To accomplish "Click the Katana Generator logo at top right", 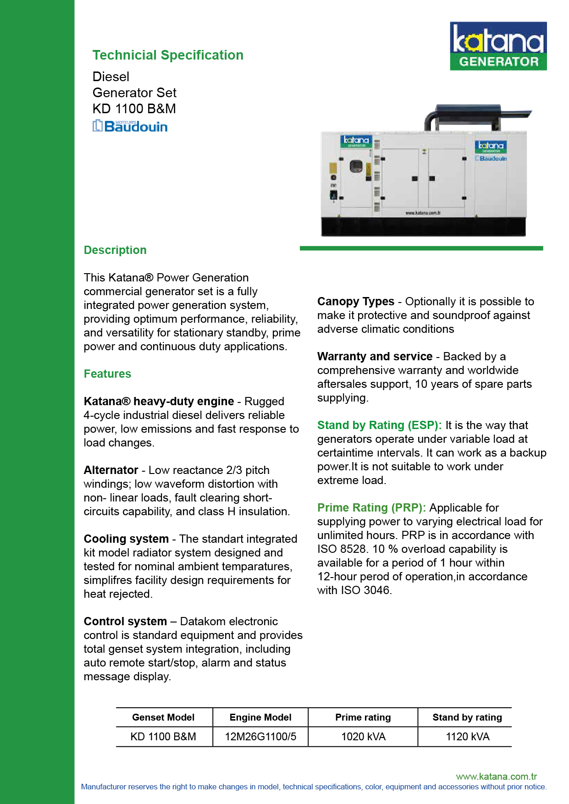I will click(x=498, y=46).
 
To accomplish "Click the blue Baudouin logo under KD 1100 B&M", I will click(x=130, y=126).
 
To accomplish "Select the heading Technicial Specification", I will click(x=168, y=55).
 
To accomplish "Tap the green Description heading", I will click(x=115, y=250).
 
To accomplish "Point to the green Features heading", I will click(x=107, y=374).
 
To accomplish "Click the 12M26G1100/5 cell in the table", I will click(x=260, y=737).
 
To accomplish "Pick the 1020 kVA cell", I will click(x=363, y=737).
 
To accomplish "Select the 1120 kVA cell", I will click(x=467, y=737).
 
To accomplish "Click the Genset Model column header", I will click(x=163, y=717).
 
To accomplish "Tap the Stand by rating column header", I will click(x=467, y=717).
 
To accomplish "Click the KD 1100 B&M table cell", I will click(x=163, y=737).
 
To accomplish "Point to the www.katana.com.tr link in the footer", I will click(x=496, y=776).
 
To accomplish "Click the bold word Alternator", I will click(x=111, y=470).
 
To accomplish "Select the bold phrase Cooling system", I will click(x=126, y=539).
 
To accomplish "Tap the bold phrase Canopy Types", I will click(x=356, y=302).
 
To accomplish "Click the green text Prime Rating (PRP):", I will click(x=371, y=508).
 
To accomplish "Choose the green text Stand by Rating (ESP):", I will click(x=379, y=425).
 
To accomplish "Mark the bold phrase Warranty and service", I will click(x=375, y=357).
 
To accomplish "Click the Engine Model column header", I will click(x=260, y=717).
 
